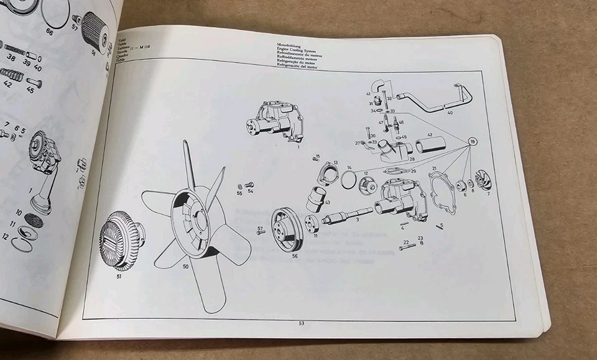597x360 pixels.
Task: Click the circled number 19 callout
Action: tap(473, 142)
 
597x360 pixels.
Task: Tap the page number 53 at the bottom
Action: tap(301, 323)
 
